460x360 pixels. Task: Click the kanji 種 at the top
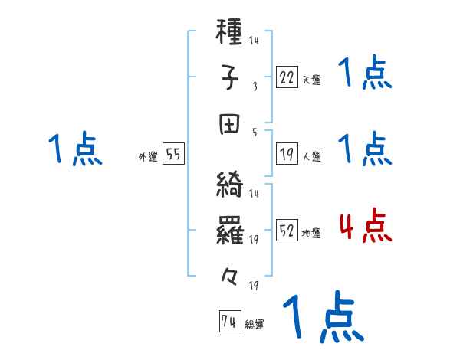pos(230,35)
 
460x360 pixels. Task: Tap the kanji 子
pos(230,79)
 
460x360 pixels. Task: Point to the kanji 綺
pos(230,186)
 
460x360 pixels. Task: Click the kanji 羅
pos(230,230)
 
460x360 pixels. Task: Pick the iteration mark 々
pos(230,274)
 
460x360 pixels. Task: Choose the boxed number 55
pos(173,155)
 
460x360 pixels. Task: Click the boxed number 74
pos(228,322)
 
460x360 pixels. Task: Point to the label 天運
pos(311,80)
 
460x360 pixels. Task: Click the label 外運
pos(147,156)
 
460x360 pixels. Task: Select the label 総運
pos(254,324)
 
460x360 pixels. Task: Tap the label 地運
pos(311,233)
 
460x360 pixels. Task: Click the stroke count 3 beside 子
pos(254,86)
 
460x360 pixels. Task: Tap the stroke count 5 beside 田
pos(254,131)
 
